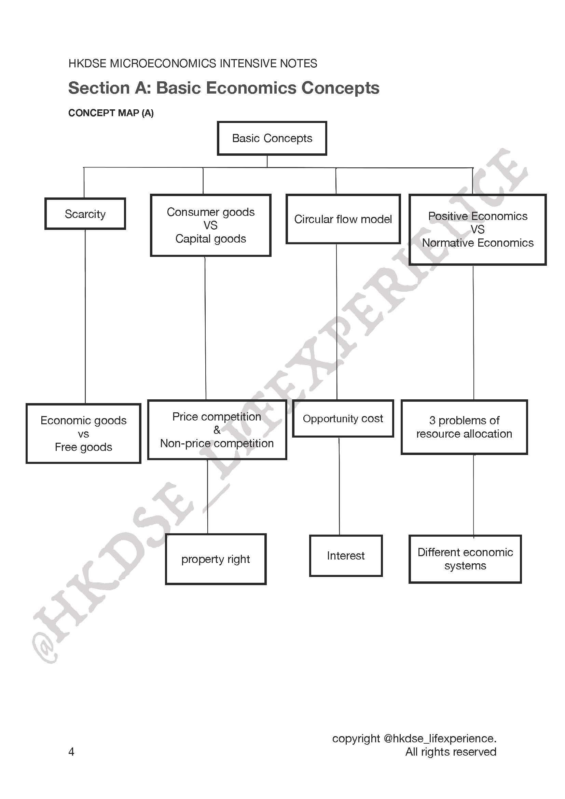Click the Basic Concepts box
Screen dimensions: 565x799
point(272,138)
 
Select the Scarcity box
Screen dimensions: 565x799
point(85,213)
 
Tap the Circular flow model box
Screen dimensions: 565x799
point(343,219)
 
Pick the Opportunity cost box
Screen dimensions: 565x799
point(343,418)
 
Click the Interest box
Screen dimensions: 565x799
point(346,555)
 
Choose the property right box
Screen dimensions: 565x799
point(216,559)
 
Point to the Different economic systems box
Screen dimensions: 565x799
point(465,559)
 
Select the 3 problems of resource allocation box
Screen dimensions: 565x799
point(464,427)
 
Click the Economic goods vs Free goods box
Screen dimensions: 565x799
point(83,433)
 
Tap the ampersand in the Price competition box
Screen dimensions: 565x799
point(217,430)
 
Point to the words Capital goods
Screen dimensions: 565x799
point(210,239)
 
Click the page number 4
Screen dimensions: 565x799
point(71,752)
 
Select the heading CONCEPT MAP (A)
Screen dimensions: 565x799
point(111,113)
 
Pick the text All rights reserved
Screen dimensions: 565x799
point(451,752)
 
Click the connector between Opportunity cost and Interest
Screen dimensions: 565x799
point(339,486)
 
